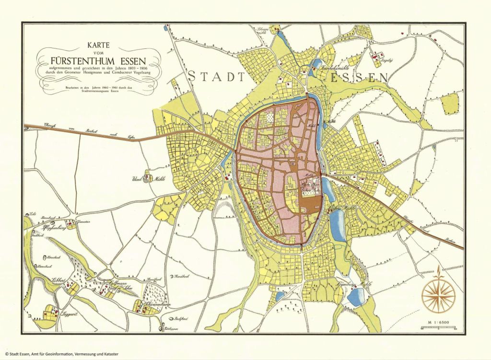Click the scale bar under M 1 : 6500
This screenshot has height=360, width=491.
pyautogui.click(x=437, y=328)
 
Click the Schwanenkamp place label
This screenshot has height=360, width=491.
pyautogui.click(x=153, y=304)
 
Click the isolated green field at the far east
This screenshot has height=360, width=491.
pyautogui.click(x=449, y=103)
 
